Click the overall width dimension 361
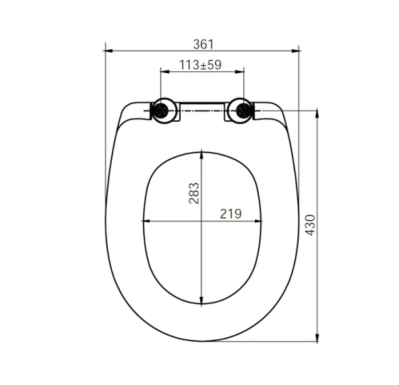[203, 44]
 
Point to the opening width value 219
[230, 213]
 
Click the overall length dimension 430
[310, 226]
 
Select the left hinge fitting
[162, 111]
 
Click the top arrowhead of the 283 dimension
[202, 153]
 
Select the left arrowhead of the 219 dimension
[146, 221]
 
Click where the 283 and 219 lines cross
[202, 221]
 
